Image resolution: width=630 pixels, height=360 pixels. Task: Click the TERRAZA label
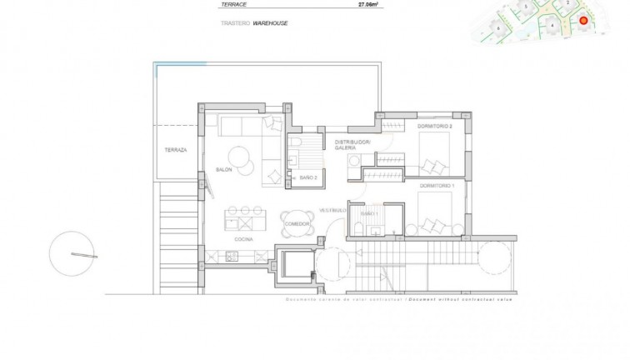click(176, 150)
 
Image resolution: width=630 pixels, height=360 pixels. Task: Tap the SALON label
click(223, 170)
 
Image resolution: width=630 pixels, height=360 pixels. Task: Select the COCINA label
click(242, 240)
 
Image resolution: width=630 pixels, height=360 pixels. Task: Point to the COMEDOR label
click(297, 224)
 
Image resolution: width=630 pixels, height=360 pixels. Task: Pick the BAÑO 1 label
click(369, 213)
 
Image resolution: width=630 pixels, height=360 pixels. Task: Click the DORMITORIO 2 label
click(434, 126)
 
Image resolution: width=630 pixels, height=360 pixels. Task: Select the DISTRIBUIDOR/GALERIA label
click(352, 145)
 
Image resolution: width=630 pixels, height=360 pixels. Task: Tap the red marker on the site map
click(583, 21)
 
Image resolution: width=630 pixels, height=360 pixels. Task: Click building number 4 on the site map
click(552, 25)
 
